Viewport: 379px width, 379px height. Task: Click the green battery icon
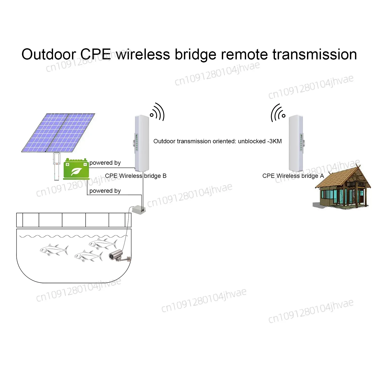coord(76,169)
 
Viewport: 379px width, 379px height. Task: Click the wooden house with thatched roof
coord(341,188)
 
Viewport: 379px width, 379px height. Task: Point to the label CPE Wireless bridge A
coord(293,176)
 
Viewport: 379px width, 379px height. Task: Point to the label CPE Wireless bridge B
coord(136,176)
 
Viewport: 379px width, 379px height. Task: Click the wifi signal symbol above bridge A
coord(278,113)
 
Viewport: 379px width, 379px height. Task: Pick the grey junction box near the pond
coord(139,209)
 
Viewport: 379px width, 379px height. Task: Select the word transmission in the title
coord(315,54)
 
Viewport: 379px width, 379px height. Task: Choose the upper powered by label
coord(105,163)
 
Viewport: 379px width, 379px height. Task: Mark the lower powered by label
coord(105,191)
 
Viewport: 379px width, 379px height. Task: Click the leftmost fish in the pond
coord(54,250)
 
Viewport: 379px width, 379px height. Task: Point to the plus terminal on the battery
coord(67,164)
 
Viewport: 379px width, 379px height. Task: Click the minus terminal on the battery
coord(85,164)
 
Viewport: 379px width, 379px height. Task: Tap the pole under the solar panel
coord(57,167)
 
